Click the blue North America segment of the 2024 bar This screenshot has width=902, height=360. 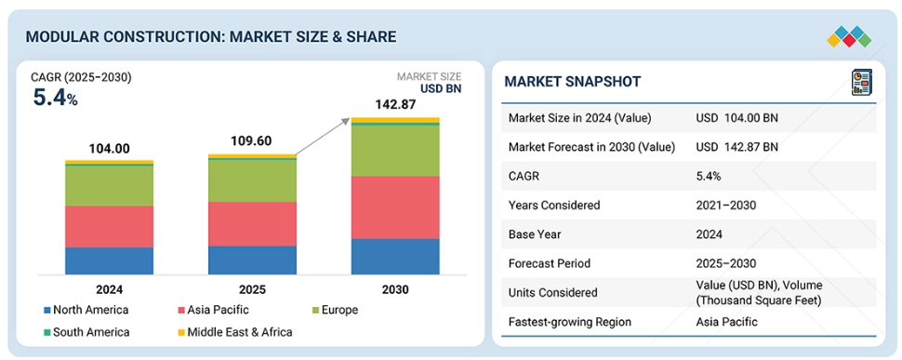click(x=110, y=260)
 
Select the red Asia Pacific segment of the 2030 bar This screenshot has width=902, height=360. click(x=395, y=207)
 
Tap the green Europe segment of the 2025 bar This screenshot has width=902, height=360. click(x=253, y=180)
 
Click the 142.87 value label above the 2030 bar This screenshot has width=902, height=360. click(x=394, y=105)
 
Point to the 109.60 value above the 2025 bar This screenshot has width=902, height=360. click(x=251, y=141)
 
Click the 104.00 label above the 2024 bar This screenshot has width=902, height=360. click(x=110, y=148)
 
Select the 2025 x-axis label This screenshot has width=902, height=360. click(x=253, y=289)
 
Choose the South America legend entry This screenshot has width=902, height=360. click(x=86, y=332)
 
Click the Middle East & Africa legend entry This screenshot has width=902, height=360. click(x=234, y=332)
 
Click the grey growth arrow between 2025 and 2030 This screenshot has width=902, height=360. click(x=323, y=137)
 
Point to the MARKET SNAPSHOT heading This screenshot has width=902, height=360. click(x=573, y=82)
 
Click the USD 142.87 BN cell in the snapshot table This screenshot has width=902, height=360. click(x=736, y=147)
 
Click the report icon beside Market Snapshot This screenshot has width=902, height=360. click(x=861, y=82)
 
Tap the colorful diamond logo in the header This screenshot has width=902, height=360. click(x=849, y=37)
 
